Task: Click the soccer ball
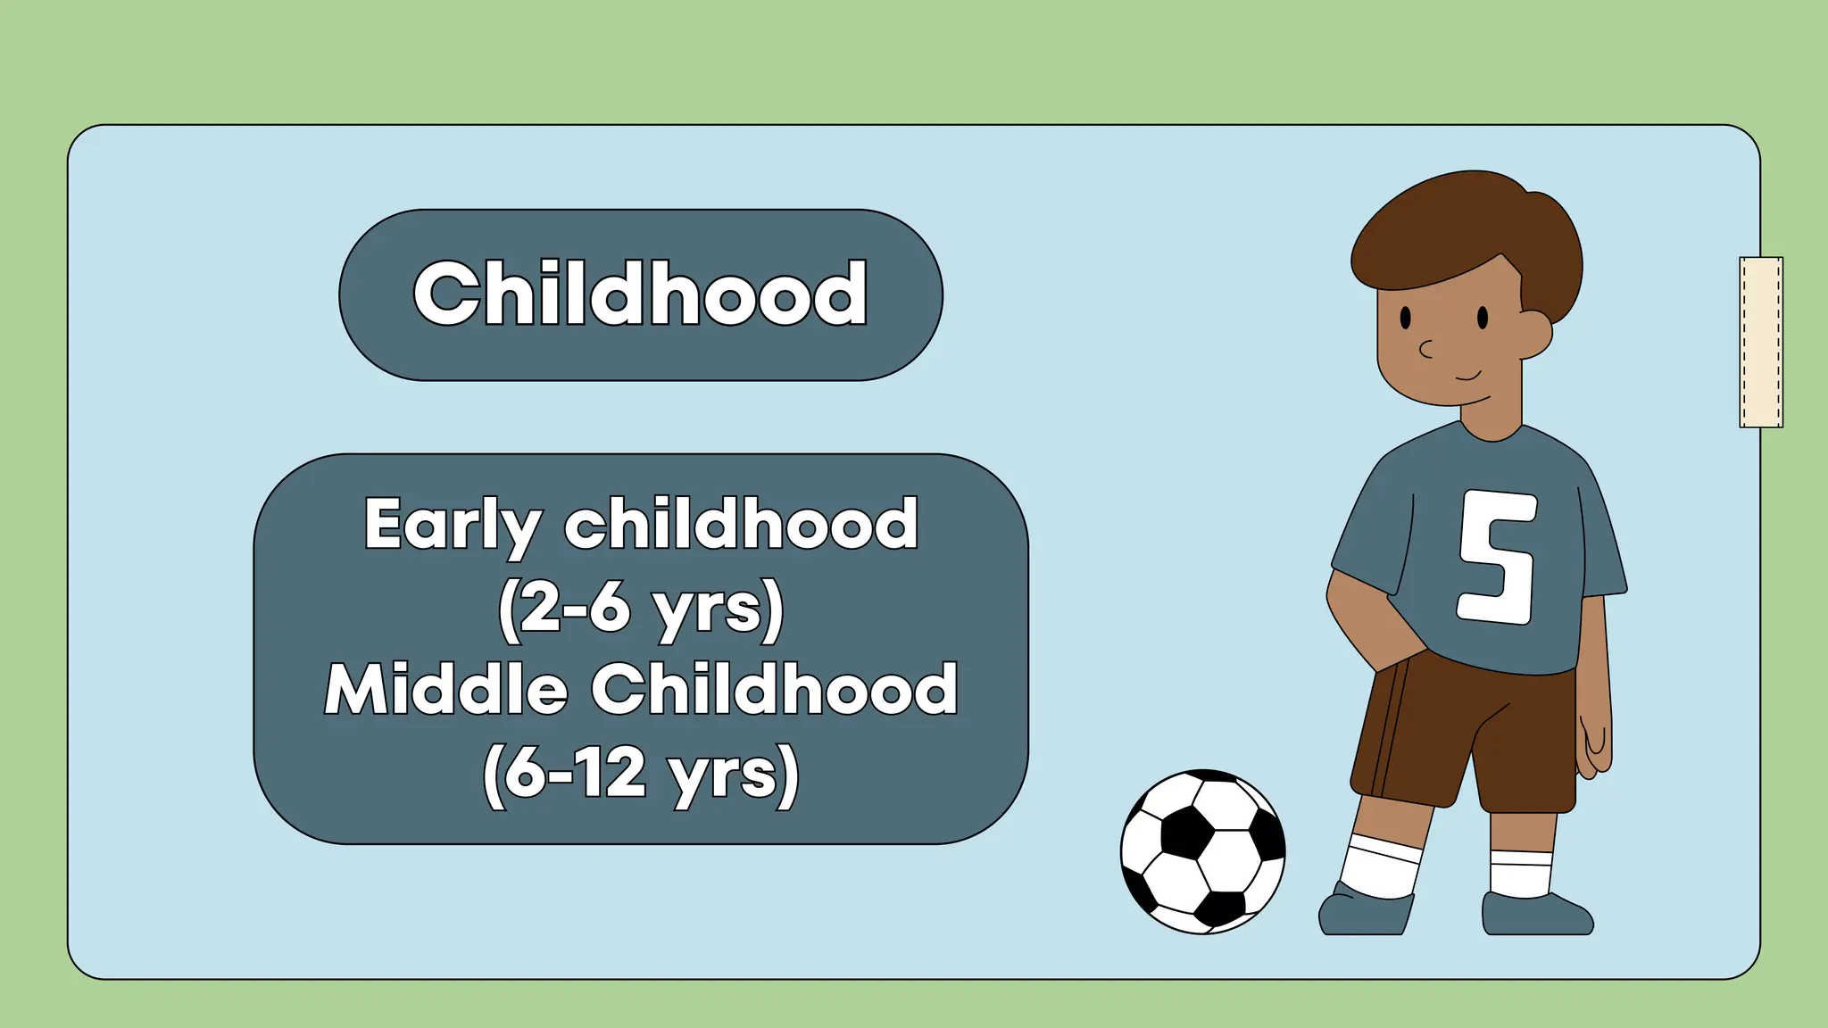1202,851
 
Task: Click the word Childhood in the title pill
640,294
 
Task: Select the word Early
452,525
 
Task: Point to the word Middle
446,690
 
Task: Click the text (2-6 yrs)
640,608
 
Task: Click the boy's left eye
1406,317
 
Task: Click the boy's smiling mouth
1468,377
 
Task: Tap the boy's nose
1426,349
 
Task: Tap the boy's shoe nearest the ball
1364,912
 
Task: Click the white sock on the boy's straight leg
1520,873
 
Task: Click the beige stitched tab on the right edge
1761,342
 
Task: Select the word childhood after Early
741,525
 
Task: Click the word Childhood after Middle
774,690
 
